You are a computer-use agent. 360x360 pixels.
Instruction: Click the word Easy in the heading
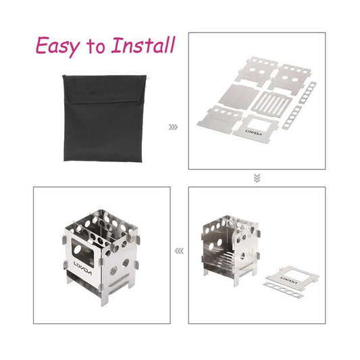click(58, 46)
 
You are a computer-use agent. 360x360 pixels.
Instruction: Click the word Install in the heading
click(143, 45)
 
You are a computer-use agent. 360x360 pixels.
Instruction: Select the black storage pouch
click(105, 118)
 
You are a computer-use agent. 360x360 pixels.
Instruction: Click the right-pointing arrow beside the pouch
click(173, 127)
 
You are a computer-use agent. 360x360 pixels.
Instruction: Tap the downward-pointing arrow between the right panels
click(257, 178)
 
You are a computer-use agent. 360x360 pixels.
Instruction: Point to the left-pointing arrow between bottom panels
click(179, 251)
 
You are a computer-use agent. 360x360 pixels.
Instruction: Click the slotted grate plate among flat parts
click(272, 103)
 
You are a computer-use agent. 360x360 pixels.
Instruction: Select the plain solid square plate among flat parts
click(239, 97)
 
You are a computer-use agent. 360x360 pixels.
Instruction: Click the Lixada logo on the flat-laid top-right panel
click(253, 132)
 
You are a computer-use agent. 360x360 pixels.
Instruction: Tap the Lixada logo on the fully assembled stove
click(82, 268)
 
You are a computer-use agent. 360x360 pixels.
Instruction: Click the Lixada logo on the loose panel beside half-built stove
click(289, 280)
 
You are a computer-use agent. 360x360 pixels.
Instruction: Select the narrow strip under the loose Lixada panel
click(284, 290)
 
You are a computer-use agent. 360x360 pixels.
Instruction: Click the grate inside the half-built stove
click(226, 257)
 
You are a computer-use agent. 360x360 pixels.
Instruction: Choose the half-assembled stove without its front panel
click(231, 251)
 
